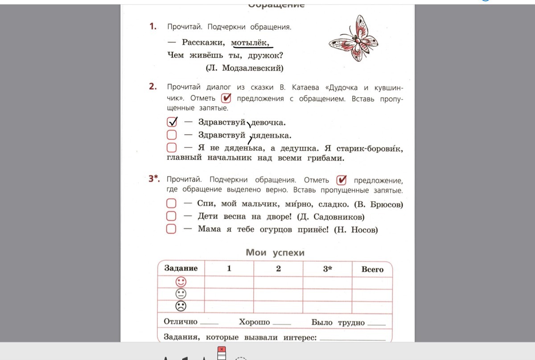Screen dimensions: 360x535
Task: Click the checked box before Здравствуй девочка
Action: [172, 122]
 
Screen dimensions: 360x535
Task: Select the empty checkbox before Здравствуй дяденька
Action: [172, 135]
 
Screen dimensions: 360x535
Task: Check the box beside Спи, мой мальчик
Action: [171, 204]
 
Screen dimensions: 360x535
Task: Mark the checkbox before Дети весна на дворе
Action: [171, 217]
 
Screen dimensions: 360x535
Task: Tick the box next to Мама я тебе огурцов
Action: [171, 229]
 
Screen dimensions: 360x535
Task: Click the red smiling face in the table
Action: [181, 282]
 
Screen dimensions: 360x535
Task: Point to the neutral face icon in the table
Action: [181, 294]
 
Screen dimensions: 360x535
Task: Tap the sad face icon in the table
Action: [181, 306]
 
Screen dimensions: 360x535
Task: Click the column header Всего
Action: [372, 269]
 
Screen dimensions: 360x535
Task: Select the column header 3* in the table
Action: [327, 269]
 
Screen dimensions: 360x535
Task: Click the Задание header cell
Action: [181, 268]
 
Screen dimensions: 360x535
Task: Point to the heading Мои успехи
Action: [275, 252]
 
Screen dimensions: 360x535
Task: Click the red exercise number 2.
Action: [153, 87]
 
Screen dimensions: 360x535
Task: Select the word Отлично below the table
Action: [181, 322]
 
